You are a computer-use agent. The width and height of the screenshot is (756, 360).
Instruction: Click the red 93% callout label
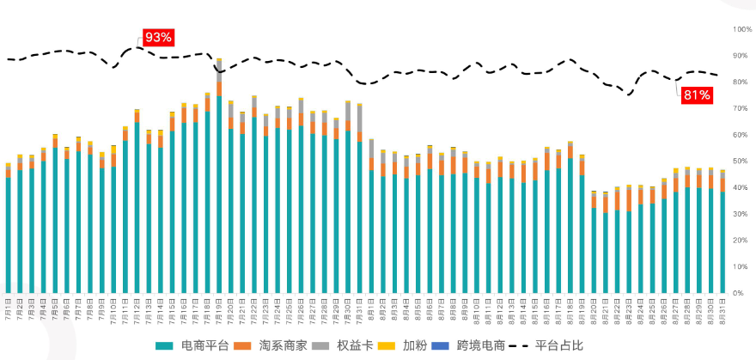[158, 37]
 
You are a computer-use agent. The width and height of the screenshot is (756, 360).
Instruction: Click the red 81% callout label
[696, 95]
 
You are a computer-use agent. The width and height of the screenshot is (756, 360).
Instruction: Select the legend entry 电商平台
[194, 346]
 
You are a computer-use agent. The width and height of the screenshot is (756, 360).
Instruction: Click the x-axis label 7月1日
[8, 307]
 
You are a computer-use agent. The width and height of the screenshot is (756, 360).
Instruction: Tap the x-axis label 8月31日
[722, 307]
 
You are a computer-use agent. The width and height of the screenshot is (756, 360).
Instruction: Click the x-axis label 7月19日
[218, 307]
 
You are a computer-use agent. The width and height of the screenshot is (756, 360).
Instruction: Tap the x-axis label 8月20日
[594, 307]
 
